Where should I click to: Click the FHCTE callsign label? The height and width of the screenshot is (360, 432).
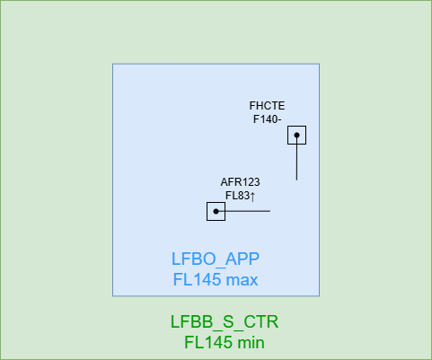(267, 106)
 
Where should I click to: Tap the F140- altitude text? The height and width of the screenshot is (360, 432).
(267, 119)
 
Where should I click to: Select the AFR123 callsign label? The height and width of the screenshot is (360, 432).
(240, 182)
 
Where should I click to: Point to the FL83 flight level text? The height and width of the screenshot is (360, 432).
(237, 196)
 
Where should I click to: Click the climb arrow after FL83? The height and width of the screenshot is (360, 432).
(252, 197)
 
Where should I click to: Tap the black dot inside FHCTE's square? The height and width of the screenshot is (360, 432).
(296, 135)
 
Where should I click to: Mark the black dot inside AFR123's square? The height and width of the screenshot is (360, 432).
(216, 211)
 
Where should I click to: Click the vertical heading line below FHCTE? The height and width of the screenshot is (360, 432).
(296, 158)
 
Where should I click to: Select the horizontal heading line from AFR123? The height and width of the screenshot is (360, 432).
(243, 211)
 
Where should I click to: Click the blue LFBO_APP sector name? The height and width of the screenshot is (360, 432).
(216, 259)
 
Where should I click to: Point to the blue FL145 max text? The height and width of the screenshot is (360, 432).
(216, 279)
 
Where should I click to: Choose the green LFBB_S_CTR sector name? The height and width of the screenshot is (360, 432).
(225, 321)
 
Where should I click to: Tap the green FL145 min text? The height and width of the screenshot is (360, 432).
(225, 342)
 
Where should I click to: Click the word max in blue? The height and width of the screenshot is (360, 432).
(242, 280)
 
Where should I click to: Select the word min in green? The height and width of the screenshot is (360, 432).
(251, 342)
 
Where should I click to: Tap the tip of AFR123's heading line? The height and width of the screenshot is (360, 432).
(270, 211)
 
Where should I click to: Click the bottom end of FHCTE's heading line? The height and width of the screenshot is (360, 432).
(296, 180)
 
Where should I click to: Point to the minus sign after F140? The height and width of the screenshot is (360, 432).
(279, 120)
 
